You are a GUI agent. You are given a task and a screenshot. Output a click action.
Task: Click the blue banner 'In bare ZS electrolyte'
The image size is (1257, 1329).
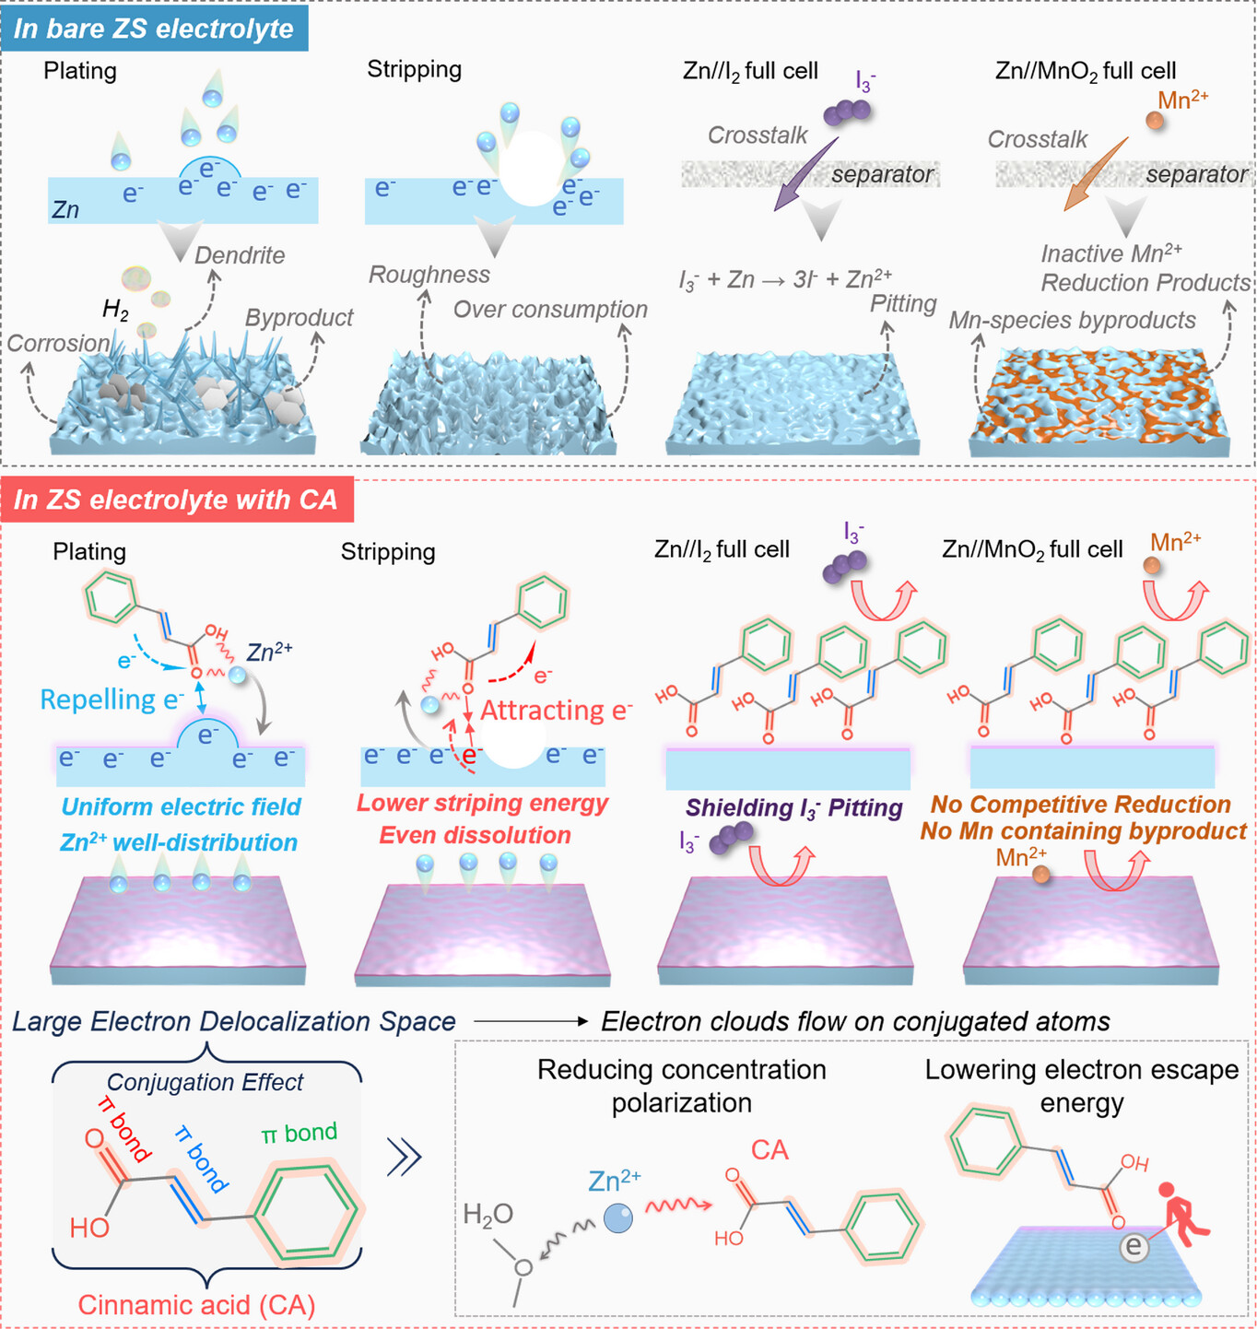pos(154,29)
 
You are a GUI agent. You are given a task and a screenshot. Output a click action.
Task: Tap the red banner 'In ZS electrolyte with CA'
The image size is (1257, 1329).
pos(176,500)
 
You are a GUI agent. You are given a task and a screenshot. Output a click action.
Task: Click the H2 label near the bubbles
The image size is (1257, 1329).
pos(115,310)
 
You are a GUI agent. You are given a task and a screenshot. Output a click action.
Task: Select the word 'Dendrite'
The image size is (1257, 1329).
pos(240,255)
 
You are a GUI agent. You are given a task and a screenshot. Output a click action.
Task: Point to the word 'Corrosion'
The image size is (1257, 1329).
pos(58,343)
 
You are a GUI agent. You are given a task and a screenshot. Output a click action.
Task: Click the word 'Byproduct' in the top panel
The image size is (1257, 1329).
pos(299,317)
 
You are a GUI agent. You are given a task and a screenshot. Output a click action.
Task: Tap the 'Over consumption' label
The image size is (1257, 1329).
pos(550,310)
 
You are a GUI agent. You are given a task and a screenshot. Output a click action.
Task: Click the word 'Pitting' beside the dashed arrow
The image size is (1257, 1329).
pos(903,303)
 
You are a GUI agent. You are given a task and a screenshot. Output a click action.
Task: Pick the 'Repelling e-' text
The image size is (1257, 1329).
pos(112,700)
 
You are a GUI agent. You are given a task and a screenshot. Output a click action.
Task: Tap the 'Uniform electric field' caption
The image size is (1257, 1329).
pos(181,806)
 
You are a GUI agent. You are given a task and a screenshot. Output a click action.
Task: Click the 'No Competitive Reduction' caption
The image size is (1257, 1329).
pos(1080,805)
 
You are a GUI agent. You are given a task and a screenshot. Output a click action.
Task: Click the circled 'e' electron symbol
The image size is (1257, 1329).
pos(1134,1247)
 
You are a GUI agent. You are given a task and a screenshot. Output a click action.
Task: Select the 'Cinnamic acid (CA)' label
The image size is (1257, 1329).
pos(196,1304)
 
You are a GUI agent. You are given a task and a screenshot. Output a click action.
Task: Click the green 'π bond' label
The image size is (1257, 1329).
pos(299,1133)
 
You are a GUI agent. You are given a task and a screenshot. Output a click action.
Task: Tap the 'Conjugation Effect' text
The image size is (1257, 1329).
pos(205,1082)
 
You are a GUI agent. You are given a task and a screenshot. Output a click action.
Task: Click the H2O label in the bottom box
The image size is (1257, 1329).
pos(488,1215)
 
